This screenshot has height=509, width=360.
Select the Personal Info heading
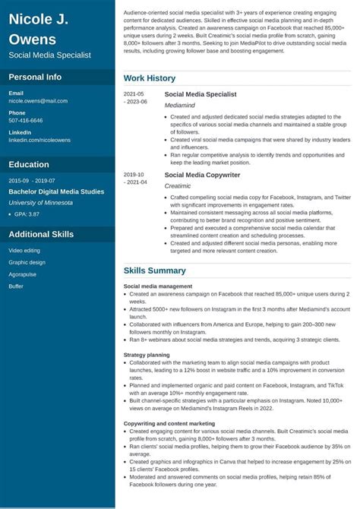[35, 77]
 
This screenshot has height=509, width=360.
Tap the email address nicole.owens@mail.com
[38, 100]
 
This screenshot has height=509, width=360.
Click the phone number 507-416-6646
[26, 120]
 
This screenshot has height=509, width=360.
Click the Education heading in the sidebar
[29, 164]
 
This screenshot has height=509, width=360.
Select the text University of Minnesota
[41, 203]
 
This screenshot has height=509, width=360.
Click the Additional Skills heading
[41, 234]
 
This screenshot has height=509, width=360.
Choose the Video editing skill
[24, 250]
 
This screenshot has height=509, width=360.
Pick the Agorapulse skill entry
[24, 274]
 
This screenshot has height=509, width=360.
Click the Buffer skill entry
[16, 286]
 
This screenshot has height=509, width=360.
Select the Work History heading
[149, 78]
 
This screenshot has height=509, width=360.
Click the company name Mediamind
[179, 105]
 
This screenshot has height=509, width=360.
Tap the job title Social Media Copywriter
[202, 175]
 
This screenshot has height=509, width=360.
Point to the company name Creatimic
[178, 185]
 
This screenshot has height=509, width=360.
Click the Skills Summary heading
[154, 270]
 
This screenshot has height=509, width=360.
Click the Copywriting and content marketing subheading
[169, 423]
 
